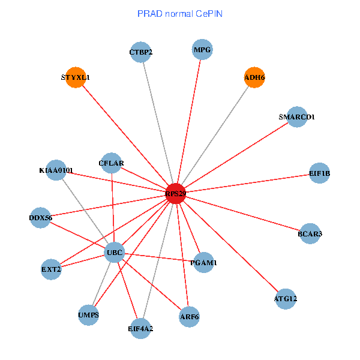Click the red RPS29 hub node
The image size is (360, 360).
(x=175, y=194)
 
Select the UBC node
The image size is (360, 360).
(x=114, y=253)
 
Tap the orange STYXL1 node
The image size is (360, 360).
(x=76, y=77)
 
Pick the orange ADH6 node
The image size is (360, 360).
(x=254, y=77)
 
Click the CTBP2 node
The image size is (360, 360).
(x=140, y=52)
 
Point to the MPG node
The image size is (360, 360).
(x=202, y=49)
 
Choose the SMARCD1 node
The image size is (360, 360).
(x=297, y=116)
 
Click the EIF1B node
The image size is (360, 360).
(x=319, y=173)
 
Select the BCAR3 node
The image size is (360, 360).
(x=310, y=233)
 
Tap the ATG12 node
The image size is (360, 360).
(x=285, y=298)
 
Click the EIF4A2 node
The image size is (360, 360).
(x=140, y=328)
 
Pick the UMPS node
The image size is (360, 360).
(x=88, y=314)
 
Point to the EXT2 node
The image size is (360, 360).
(x=51, y=269)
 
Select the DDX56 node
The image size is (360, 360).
(x=41, y=218)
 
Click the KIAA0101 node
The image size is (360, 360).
(x=56, y=170)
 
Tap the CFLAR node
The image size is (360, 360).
(x=112, y=163)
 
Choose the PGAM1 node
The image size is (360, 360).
(x=203, y=262)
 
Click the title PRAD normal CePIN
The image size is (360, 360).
(x=180, y=13)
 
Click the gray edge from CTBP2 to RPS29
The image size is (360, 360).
(x=157, y=120)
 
